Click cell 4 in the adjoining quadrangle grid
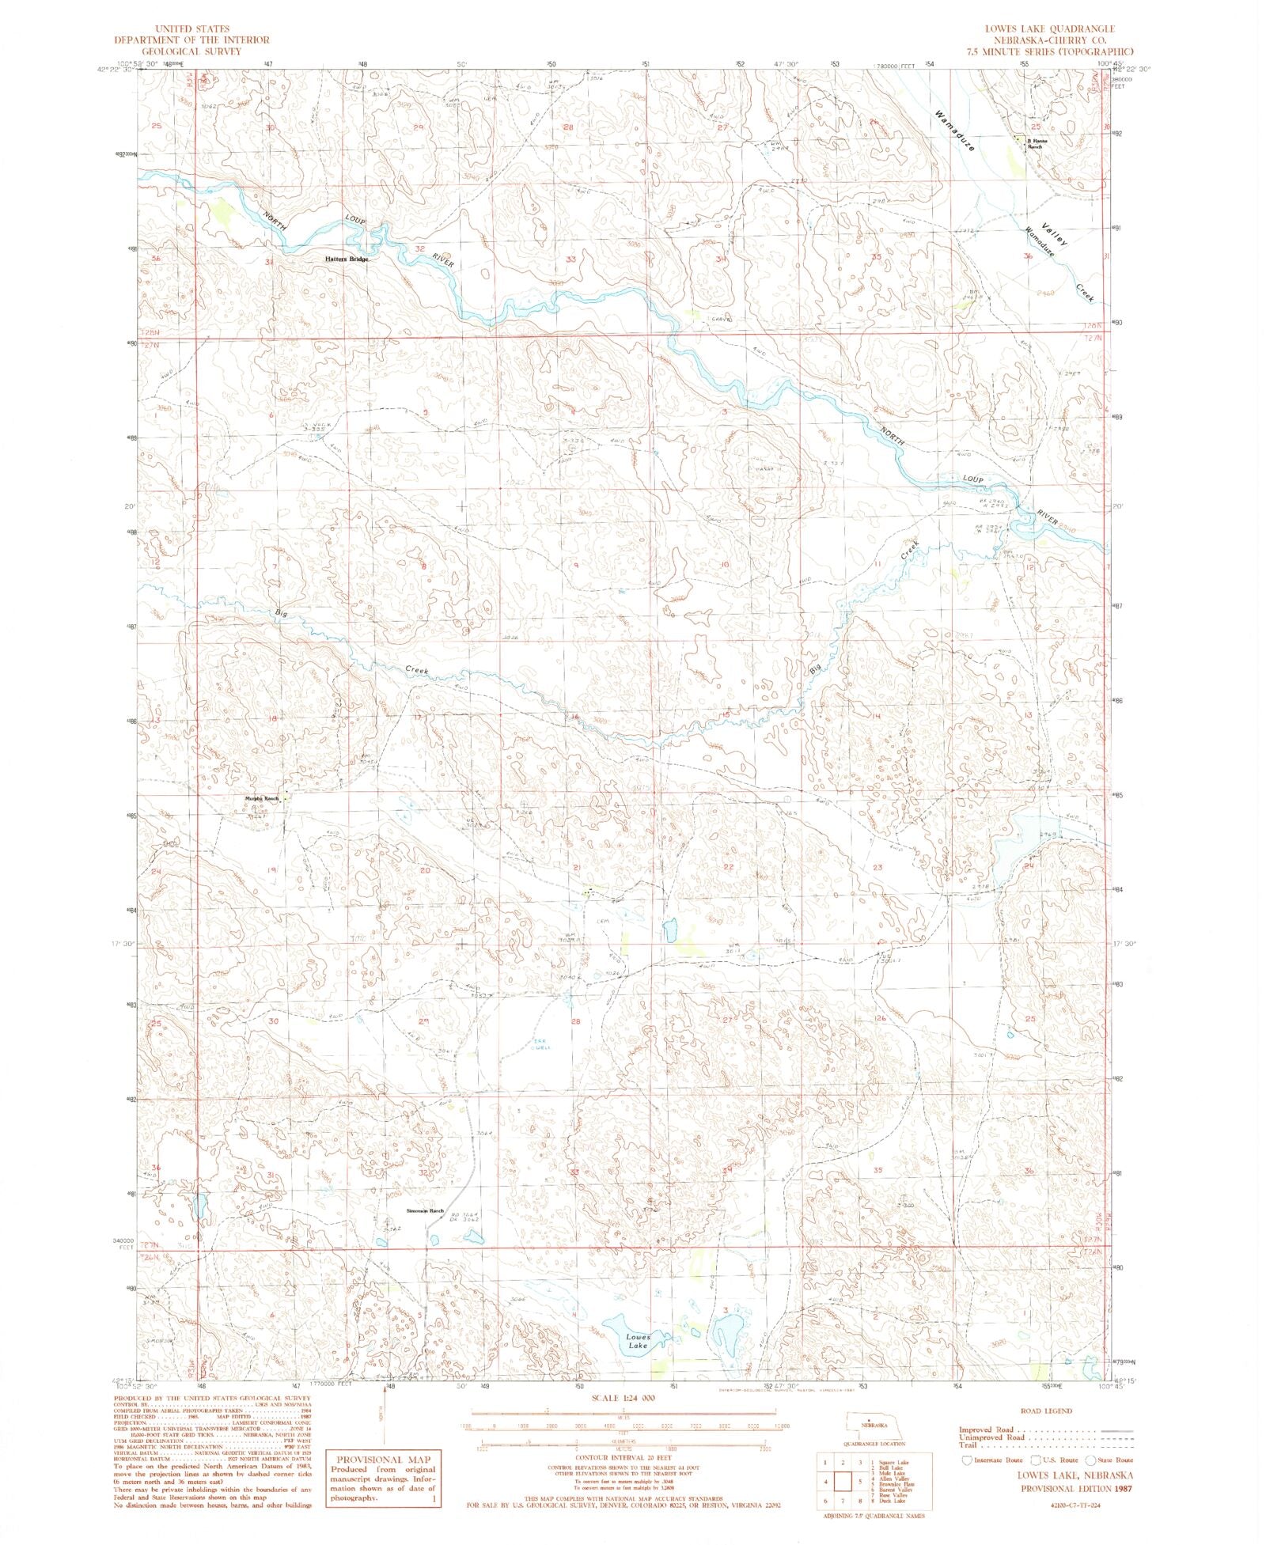click(x=826, y=1482)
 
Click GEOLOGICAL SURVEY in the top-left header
click(x=191, y=50)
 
